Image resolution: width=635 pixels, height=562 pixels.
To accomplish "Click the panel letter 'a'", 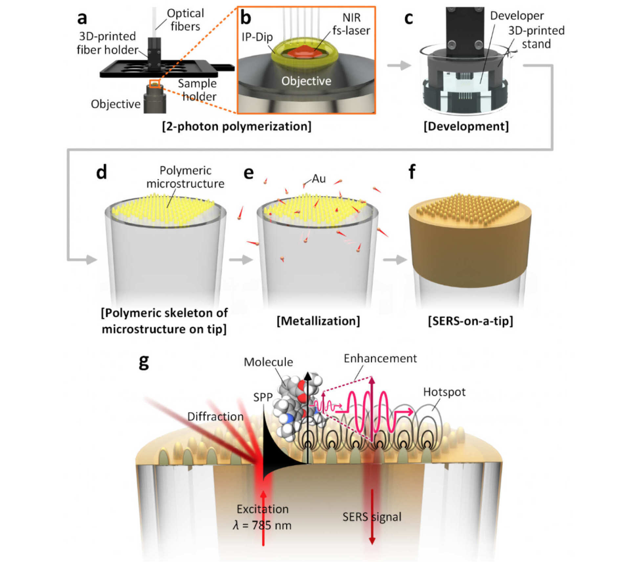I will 82,18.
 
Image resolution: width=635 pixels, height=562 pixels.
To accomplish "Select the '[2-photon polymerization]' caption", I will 236,127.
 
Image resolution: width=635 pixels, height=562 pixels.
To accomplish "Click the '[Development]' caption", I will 466,127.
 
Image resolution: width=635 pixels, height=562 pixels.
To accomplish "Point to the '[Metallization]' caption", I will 318,321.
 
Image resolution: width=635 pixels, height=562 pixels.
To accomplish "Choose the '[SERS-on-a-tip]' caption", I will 470,321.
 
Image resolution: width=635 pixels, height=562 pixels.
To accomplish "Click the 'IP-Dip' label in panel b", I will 257,37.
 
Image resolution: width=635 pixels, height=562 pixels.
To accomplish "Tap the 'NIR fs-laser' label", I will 351,24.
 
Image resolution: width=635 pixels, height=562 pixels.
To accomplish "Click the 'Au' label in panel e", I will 318,179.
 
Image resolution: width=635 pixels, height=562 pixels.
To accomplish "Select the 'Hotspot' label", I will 444,392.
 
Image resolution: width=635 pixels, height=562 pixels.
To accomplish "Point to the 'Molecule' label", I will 268,362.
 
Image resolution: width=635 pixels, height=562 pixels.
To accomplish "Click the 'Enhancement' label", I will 380,358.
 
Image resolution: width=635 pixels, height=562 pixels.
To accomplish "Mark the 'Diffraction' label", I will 215,416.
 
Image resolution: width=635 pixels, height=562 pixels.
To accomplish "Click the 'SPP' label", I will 263,397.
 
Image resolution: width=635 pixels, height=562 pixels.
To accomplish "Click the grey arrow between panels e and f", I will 395,260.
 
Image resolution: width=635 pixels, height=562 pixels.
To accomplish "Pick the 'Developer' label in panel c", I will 517,16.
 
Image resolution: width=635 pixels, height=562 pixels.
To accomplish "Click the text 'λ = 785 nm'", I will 262,525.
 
